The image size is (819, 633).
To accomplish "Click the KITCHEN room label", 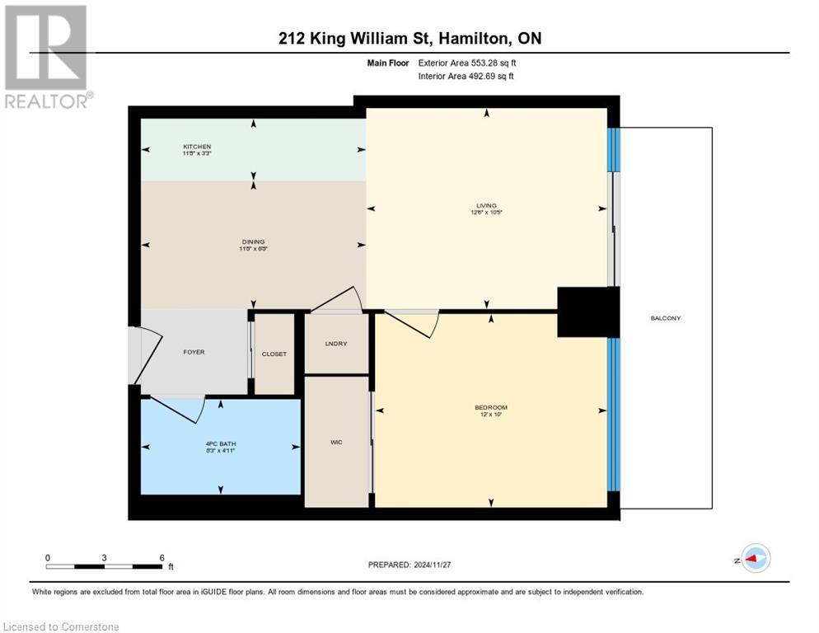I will coord(196,147).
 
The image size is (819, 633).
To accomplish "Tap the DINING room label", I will coord(253,242).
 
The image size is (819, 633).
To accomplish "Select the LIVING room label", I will coord(486,205).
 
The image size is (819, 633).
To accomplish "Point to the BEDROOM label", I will coord(490,407).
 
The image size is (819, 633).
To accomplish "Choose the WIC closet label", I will coord(336,443).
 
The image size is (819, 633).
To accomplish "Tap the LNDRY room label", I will coord(336,344).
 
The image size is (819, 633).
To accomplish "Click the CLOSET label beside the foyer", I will coord(274,354).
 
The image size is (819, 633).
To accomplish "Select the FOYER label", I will coord(193,352).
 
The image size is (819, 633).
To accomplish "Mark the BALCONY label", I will coord(666,318).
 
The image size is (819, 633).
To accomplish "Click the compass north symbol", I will coord(754,558).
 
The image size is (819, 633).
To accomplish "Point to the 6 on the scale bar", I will coord(161,557).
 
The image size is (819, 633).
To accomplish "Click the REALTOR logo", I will coord(47,56).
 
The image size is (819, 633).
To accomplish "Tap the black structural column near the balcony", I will coord(587,312).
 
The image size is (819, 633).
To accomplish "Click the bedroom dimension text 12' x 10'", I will coord(490,415).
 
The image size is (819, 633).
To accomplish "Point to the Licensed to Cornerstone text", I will coord(62,627).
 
